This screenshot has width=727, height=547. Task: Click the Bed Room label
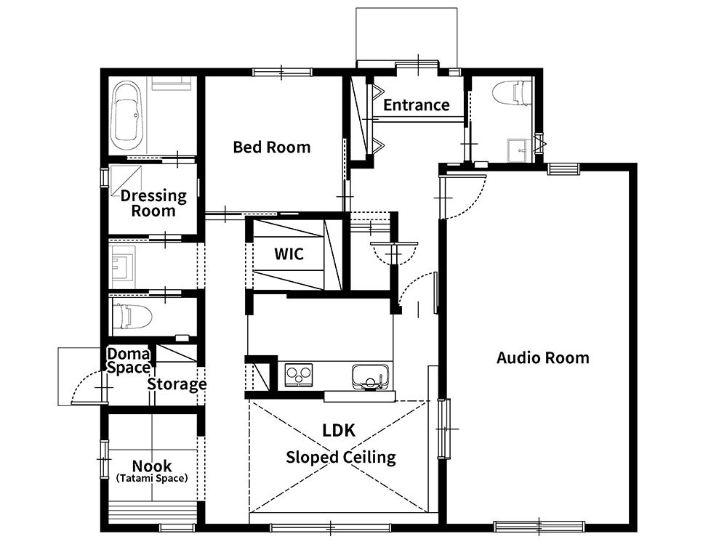272,147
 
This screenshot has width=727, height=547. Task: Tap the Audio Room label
543,358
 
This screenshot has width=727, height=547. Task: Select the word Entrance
417,105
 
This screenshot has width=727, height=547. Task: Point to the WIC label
289,254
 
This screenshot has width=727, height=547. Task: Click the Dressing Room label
153,203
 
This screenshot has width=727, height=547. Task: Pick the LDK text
339,430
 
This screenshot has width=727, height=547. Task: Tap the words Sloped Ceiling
341,457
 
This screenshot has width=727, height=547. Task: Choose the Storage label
177,384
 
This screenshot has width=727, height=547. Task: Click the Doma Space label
129,361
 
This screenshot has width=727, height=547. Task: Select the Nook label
152,466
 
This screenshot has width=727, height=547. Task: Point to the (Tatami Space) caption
152,479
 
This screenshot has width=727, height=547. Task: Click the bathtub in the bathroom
127,112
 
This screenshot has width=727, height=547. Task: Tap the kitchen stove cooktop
299,374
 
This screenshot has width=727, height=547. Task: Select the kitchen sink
370,377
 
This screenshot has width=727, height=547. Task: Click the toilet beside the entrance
512,93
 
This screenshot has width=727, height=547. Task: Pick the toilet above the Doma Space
132,316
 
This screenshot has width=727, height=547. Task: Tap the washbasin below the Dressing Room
122,264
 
